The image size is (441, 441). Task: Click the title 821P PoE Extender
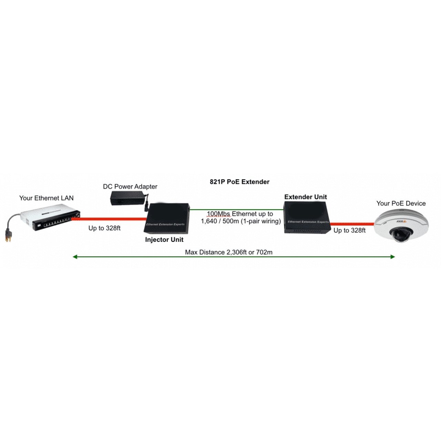point(239,182)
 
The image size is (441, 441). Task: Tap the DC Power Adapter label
point(130,186)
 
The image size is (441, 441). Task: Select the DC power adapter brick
point(127,198)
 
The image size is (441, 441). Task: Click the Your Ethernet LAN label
point(46,198)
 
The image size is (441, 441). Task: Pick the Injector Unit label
point(164,240)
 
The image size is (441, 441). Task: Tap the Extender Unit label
point(305,197)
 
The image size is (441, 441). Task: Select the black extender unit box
point(306,217)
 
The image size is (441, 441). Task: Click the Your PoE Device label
point(401,204)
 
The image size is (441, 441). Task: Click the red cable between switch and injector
point(109,219)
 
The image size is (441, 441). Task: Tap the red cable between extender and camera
point(351,224)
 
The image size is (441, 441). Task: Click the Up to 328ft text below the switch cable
point(104,228)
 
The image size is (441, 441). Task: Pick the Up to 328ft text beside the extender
point(349,230)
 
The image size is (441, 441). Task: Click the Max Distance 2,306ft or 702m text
point(228,252)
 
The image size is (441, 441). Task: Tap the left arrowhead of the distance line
point(75,257)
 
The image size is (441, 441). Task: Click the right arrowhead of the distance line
point(392,257)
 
